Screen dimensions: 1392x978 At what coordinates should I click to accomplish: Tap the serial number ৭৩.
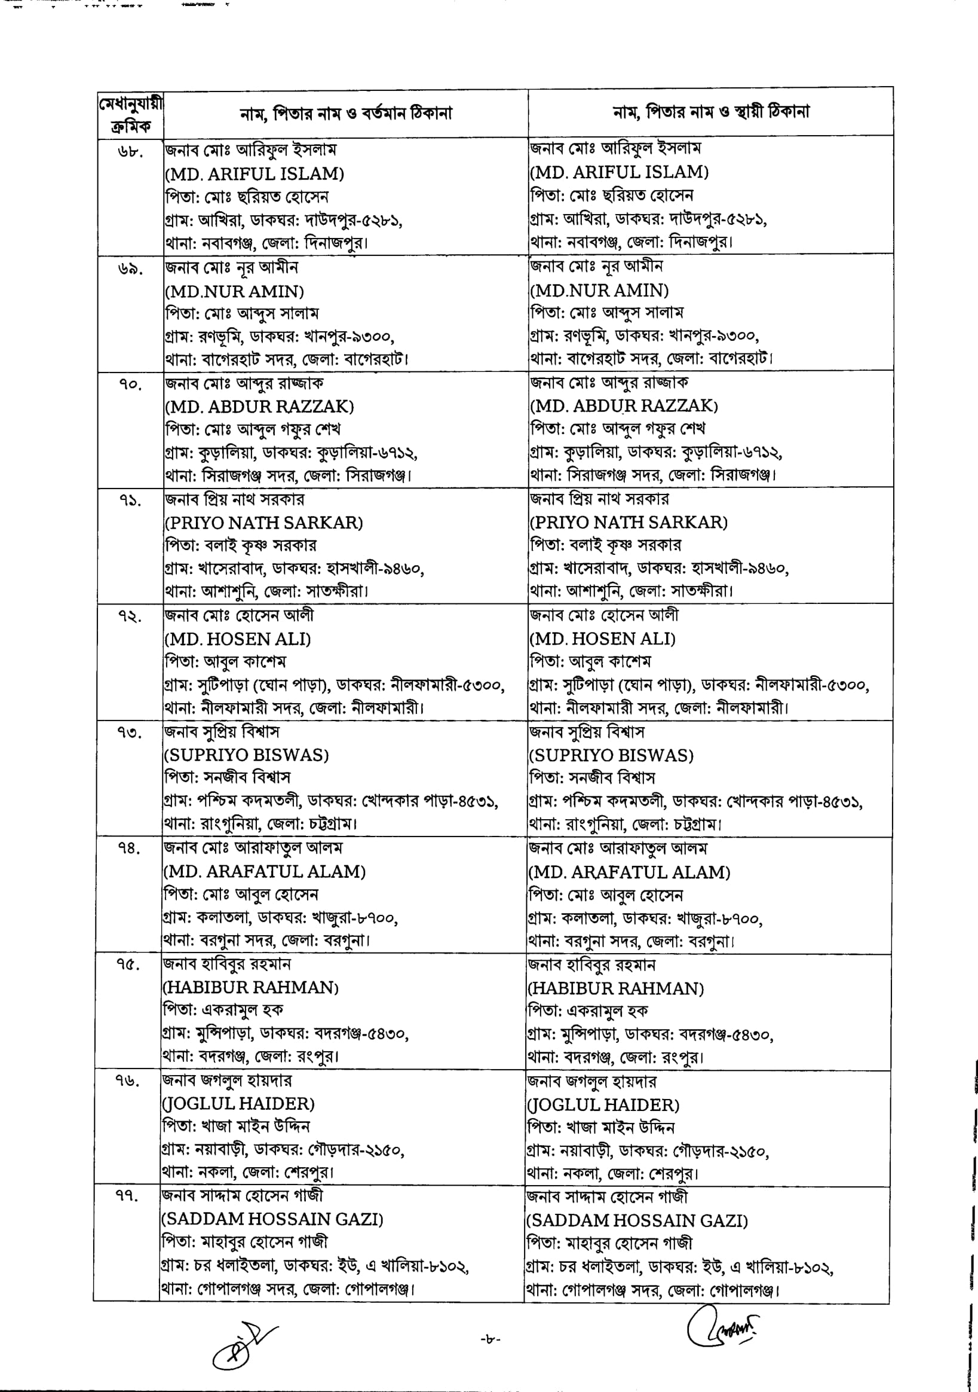tap(129, 734)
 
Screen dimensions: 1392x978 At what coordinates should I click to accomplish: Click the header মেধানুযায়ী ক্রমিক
tap(130, 115)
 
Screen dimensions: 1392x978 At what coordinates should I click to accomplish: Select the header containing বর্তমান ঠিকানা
tap(345, 114)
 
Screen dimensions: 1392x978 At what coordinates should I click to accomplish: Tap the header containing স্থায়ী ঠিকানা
tap(711, 112)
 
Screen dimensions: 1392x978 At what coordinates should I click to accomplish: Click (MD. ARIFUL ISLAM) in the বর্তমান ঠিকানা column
tap(255, 174)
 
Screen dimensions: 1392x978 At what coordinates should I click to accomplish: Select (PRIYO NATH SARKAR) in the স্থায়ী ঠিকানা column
tap(629, 522)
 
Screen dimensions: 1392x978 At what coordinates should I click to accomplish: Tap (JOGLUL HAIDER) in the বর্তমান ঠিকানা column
tap(238, 1103)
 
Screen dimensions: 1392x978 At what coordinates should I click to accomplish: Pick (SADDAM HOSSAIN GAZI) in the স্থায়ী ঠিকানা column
tap(637, 1221)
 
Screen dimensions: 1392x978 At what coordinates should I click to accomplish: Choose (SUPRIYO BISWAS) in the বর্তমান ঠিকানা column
tap(247, 755)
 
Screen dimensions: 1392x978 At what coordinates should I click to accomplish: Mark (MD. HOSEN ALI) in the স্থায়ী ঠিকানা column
tap(603, 639)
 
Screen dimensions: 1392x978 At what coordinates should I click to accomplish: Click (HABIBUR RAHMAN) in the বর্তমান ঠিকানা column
tap(250, 987)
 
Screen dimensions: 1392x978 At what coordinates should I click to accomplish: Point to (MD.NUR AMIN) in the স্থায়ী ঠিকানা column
tap(599, 291)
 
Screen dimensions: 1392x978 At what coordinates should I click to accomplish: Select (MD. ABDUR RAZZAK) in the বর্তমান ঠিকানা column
tap(259, 406)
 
